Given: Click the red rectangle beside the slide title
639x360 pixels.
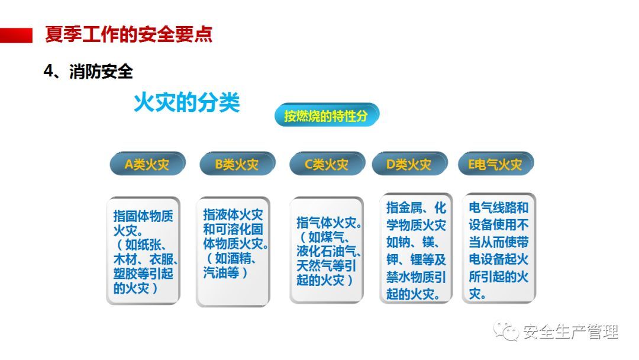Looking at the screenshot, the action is tap(16, 35).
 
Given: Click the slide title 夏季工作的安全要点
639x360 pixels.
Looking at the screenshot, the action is tap(129, 35).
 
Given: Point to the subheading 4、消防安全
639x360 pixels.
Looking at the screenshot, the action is tap(88, 71).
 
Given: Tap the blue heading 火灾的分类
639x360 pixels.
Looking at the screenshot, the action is tap(186, 102).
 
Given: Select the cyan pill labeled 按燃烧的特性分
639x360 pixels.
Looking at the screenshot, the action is tap(327, 115).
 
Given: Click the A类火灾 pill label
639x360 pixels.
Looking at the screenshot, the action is tap(147, 164).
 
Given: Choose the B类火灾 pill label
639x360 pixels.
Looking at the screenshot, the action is tap(237, 164).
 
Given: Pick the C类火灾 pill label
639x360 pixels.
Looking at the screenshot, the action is tap(327, 164).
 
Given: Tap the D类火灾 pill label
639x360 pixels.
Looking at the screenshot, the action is tap(409, 164).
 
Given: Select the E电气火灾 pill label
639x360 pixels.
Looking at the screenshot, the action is tap(496, 164).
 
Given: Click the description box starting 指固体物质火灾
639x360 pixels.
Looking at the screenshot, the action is tap(143, 250).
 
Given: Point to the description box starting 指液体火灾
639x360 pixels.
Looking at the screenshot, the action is tap(233, 251).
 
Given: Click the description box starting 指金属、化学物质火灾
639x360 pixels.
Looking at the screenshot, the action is tap(416, 248).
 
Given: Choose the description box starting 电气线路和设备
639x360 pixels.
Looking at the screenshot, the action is tap(499, 248).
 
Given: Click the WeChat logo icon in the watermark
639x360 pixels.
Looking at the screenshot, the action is tap(506, 331).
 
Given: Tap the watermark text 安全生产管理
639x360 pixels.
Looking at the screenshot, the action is tap(570, 332).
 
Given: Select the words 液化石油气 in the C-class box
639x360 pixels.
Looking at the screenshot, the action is tap(327, 251).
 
